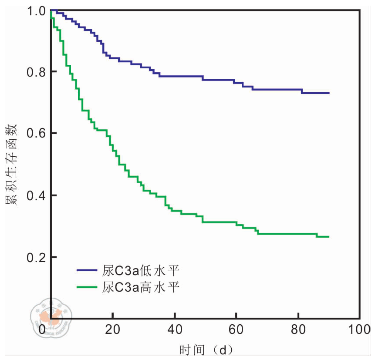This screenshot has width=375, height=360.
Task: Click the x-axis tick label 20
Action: (x=113, y=330)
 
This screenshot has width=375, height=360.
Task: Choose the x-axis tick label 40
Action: (x=175, y=330)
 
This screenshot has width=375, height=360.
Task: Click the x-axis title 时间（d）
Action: (x=205, y=350)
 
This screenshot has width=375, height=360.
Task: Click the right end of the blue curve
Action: (x=329, y=93)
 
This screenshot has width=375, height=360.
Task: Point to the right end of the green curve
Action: (x=329, y=236)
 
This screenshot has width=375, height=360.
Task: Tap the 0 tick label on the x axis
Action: (x=43, y=330)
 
